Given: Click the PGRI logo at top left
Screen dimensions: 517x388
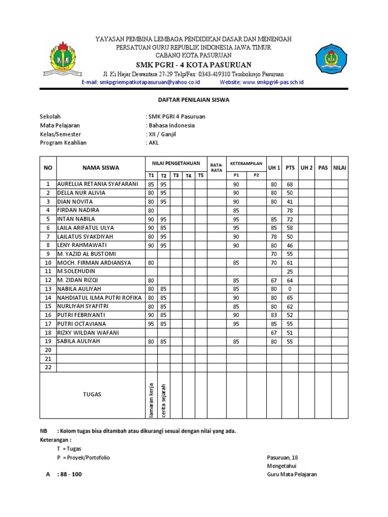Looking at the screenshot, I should [x=65, y=60].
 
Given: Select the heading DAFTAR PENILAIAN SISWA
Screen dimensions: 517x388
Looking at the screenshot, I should [x=194, y=100].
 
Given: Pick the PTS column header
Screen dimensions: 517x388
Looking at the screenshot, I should [x=290, y=168].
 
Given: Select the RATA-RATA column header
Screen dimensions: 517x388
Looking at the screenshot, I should [x=217, y=168].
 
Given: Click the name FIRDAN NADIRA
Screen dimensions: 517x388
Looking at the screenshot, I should [x=78, y=210].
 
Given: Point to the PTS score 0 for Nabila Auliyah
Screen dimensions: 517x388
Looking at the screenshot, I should [x=290, y=289].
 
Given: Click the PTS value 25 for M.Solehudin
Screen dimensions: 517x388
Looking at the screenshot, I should [x=290, y=272].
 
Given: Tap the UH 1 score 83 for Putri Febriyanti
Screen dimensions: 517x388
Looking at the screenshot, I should [x=274, y=315].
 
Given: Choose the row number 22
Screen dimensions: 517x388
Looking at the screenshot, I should [x=48, y=367].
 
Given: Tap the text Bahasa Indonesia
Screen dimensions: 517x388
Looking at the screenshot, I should [x=171, y=125].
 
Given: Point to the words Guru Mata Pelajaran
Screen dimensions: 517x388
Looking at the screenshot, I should [x=292, y=475].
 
